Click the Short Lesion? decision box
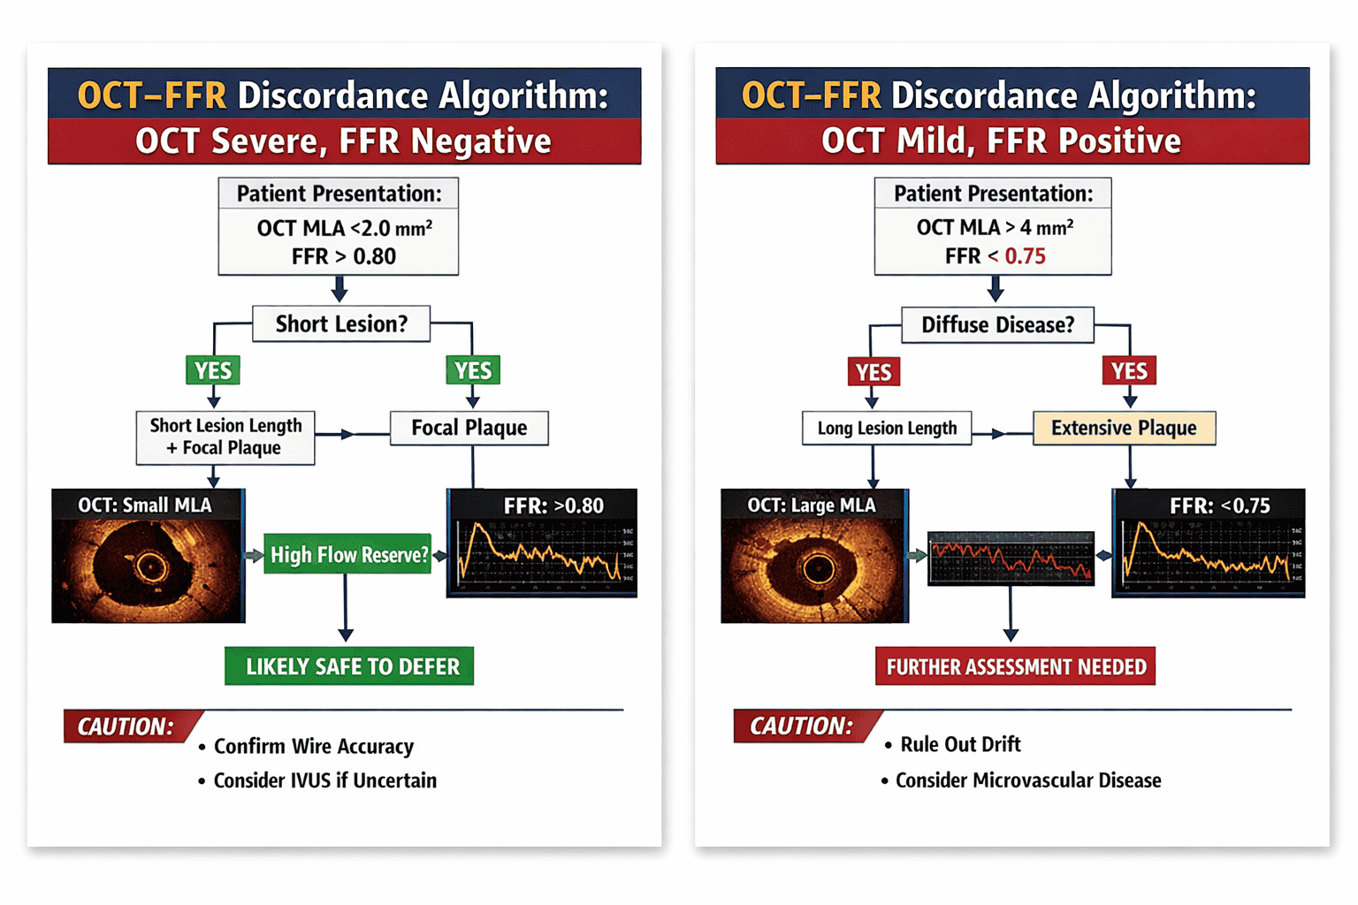point(341,323)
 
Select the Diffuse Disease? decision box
point(998,325)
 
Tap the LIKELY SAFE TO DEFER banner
point(349,666)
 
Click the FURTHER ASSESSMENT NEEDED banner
point(1016,666)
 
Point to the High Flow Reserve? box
point(348,554)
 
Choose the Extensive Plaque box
point(1124,428)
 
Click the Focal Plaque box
point(469,428)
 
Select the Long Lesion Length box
point(887,428)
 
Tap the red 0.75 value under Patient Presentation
point(1026,255)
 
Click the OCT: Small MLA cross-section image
point(149,556)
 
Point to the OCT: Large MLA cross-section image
point(815,556)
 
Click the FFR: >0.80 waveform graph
point(542,544)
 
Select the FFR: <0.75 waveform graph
point(1209,544)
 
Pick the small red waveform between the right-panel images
point(1011,559)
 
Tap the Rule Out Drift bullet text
point(960,744)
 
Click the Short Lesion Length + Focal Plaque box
point(225,437)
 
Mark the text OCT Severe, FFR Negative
point(343,141)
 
